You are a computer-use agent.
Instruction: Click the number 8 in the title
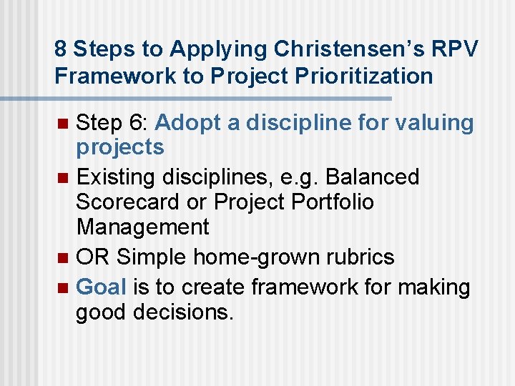pos(61,49)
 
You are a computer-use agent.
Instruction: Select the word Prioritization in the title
pos(368,76)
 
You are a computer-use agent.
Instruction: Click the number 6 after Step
pos(138,123)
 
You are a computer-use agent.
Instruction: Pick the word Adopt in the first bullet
pos(187,123)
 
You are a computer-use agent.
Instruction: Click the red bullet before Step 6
pos(62,124)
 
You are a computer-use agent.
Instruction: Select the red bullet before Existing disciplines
pos(62,177)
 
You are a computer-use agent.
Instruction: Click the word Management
pos(143,227)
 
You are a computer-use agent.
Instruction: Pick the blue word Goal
pos(101,287)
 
